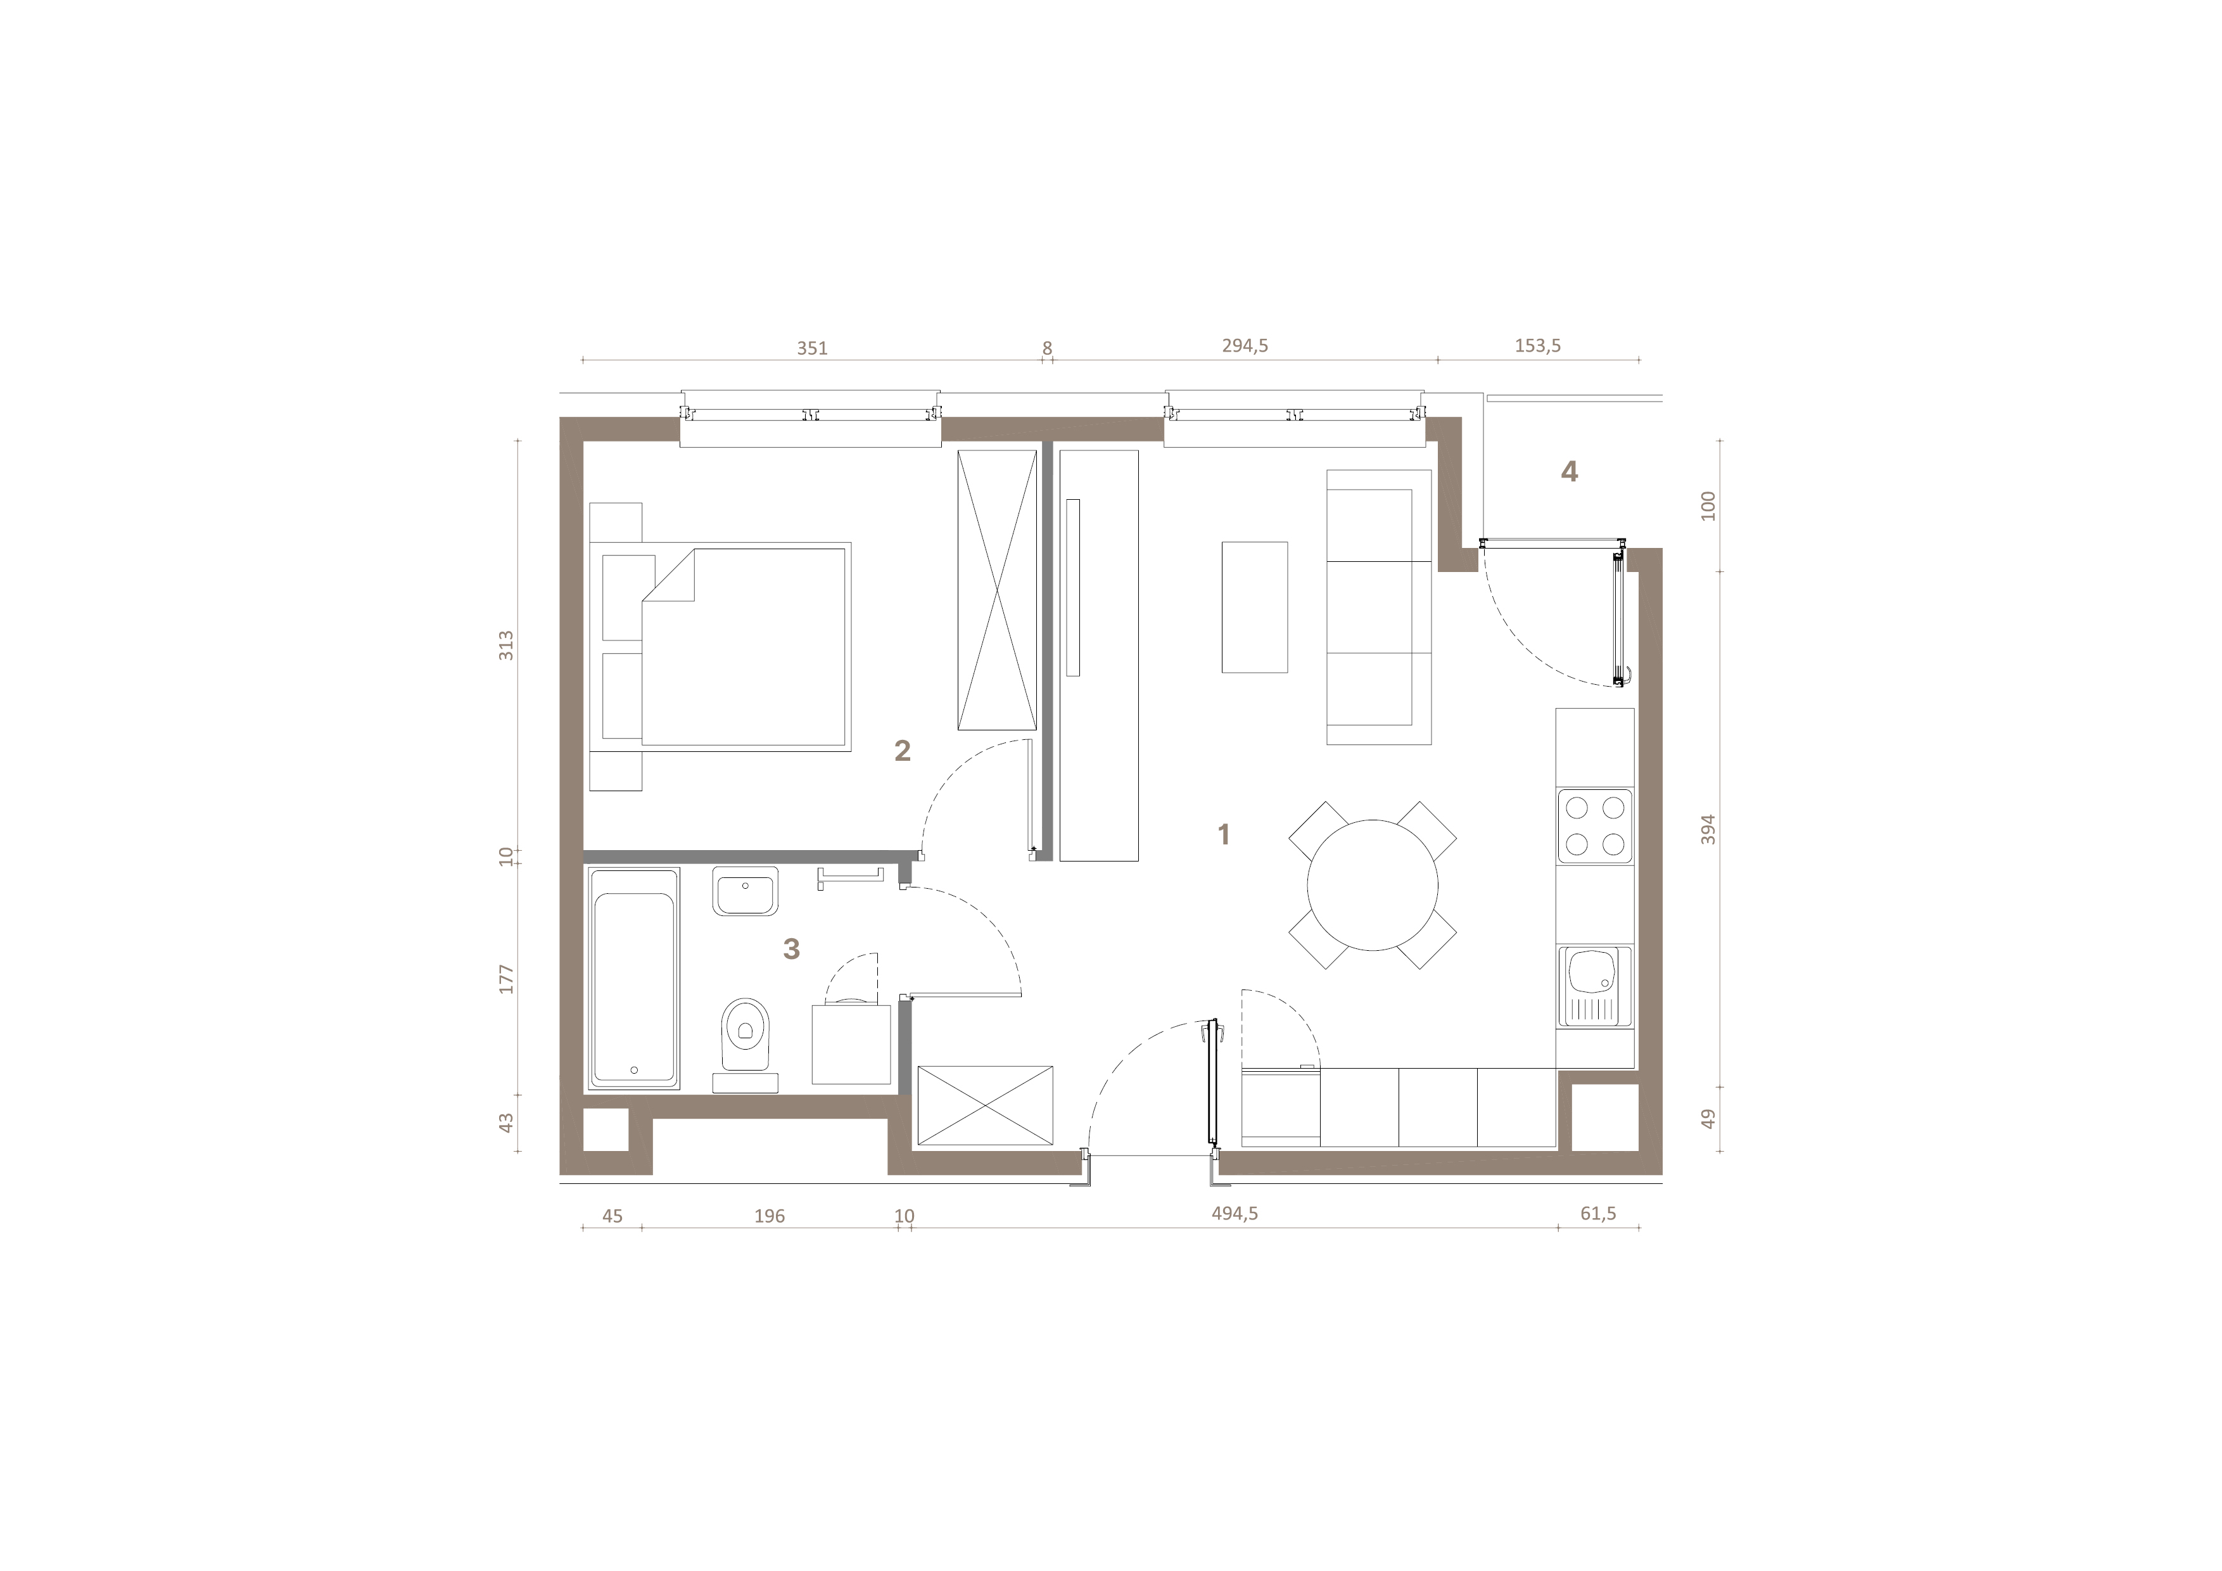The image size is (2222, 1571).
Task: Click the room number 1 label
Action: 1223,834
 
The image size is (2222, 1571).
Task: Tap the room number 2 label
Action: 902,750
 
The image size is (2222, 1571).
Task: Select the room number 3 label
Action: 792,948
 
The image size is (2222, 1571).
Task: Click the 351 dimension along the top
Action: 812,348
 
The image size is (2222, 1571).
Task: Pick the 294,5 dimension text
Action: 1245,346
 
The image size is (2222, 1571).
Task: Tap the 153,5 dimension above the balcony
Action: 1537,346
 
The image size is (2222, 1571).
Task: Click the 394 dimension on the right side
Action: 1708,830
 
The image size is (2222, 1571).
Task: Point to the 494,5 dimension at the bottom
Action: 1235,1214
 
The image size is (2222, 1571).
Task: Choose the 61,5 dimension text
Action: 1598,1214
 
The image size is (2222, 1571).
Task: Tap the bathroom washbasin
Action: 745,891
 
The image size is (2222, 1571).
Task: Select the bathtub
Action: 634,979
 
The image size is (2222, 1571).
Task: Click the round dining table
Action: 1373,885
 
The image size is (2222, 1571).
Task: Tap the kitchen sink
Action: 1594,986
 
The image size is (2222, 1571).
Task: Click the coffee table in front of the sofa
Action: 1254,607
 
